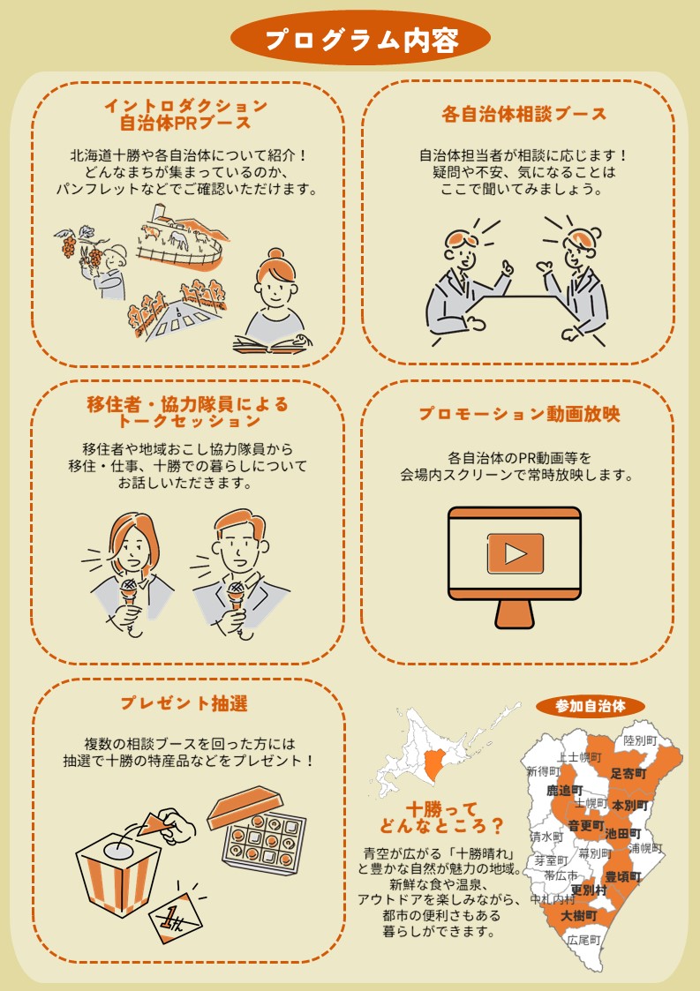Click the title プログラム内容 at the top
[x=360, y=39]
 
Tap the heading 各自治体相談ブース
[x=523, y=115]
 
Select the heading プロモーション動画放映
[x=518, y=415]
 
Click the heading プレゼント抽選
[x=184, y=703]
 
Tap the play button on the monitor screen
[x=516, y=553]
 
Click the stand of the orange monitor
[x=514, y=611]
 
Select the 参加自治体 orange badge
[x=590, y=706]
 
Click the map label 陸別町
[x=640, y=740]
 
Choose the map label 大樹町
[x=579, y=915]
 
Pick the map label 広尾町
[x=583, y=940]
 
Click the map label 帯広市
[x=561, y=875]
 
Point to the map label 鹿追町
[x=565, y=791]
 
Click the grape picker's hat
[x=115, y=253]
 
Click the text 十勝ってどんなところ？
[x=442, y=818]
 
